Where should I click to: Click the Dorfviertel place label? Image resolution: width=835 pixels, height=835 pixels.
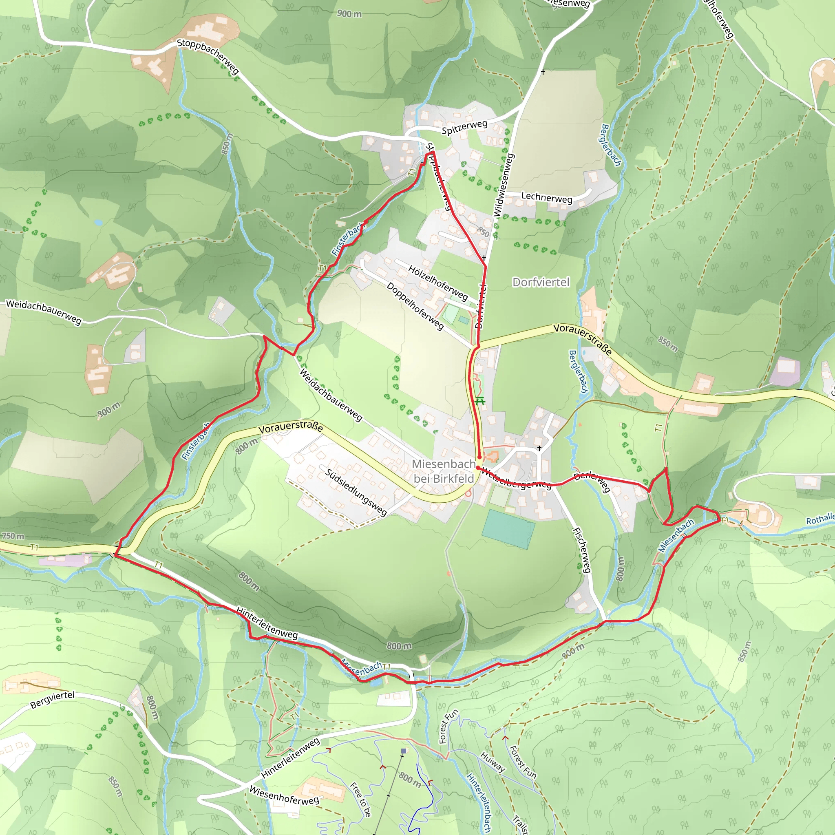[x=541, y=282]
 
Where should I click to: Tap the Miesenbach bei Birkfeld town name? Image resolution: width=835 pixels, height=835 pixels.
[x=444, y=471]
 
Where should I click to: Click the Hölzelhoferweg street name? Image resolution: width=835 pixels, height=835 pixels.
[x=438, y=283]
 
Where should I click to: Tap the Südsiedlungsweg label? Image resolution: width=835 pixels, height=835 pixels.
[x=356, y=492]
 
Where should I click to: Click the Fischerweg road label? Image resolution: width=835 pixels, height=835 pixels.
[x=581, y=550]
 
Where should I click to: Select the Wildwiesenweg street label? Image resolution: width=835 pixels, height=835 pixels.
[x=503, y=185]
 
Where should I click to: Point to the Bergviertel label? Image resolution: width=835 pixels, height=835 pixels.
[x=52, y=700]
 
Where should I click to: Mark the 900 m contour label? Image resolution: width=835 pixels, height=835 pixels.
[x=349, y=14]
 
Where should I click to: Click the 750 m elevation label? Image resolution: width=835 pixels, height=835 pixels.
[x=13, y=536]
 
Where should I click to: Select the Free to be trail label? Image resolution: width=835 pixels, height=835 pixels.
[x=360, y=800]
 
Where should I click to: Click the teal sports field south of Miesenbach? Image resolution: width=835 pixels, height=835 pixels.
[x=508, y=529]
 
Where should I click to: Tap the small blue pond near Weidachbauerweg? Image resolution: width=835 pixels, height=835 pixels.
[x=98, y=222]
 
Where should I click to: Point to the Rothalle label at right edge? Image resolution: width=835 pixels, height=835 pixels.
[x=820, y=519]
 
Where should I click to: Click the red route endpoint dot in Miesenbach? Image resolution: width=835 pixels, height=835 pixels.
[x=479, y=457]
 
